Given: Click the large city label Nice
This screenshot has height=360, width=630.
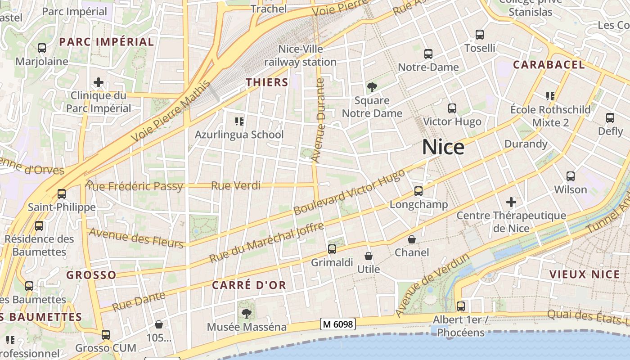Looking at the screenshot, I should point(443,147).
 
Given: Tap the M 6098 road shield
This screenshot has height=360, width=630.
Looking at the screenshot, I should point(338,324).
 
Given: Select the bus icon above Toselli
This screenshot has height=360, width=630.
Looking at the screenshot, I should point(480,34).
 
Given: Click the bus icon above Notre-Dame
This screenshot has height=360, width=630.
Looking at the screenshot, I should point(428,54).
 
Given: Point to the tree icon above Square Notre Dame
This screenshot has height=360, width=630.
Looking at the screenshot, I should point(372,87).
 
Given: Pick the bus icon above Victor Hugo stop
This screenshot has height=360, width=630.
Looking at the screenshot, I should point(452,108).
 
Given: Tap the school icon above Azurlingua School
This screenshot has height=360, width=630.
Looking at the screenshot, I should point(239,121).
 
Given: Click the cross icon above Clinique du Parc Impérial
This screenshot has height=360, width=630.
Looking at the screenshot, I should point(99,82).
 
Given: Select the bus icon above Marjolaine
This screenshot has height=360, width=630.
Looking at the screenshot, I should point(42,48).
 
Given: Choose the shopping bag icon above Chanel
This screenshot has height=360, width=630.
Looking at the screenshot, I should point(412,239).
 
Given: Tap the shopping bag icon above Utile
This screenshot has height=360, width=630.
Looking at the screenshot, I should point(369,256).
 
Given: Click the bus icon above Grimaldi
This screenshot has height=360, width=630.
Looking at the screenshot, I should point(332,249).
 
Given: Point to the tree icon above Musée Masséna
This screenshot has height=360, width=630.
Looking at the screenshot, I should point(246,313).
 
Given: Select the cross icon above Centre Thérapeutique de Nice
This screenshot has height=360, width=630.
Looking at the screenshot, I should point(511,202).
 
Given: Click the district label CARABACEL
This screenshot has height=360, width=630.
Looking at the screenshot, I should point(549,64).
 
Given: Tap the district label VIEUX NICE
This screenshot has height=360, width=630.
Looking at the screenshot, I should point(585,274).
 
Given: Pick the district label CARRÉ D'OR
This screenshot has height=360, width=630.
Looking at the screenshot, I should point(249,285).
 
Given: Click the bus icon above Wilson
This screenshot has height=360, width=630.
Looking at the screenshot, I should point(571,176).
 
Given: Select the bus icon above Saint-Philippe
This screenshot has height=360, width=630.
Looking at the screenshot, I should point(62,194).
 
